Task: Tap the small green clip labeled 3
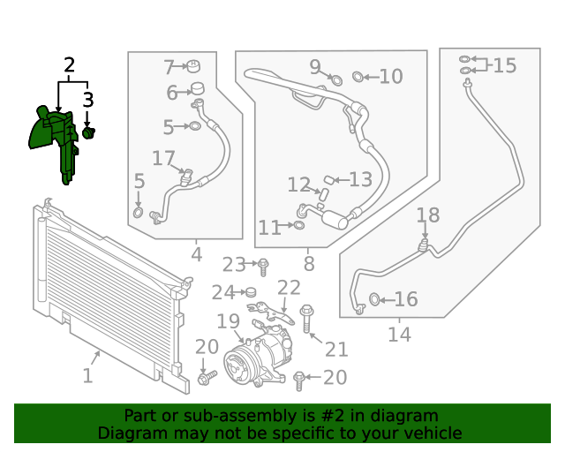point(88,132)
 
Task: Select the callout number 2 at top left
point(69,64)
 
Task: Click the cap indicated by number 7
point(194,66)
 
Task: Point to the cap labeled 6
point(197,88)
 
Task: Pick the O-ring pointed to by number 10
point(358,77)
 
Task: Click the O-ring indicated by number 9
point(336,80)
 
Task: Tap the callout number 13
point(361,179)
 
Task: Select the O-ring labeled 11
point(299,225)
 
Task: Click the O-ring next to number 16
point(374,299)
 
